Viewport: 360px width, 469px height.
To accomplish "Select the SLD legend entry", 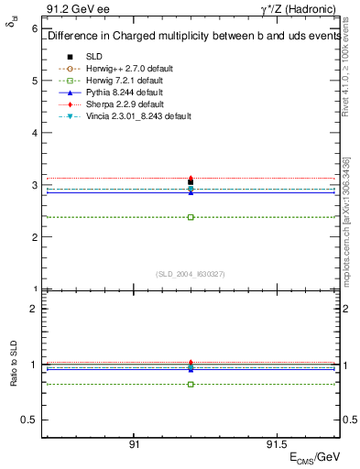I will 94,57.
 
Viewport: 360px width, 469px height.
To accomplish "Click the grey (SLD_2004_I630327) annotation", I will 190,274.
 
